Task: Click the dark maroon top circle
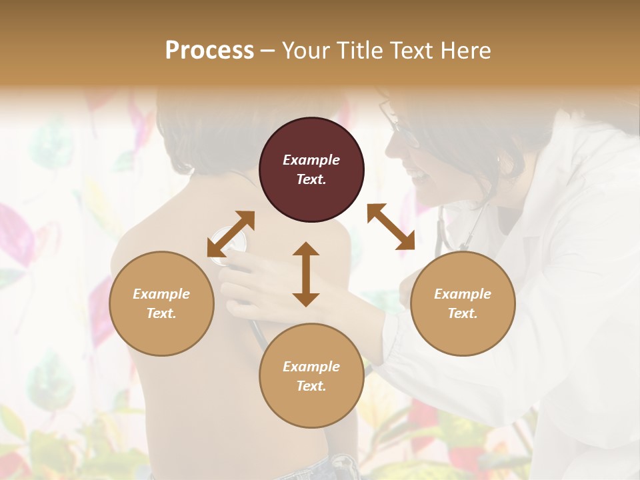coord(311,170)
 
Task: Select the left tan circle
coord(161,303)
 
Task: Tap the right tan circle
coord(463,303)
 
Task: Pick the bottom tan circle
coord(311,376)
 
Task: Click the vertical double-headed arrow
coord(306,274)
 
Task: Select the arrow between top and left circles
coord(231,234)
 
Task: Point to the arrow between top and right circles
coord(391,227)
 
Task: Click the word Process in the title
coord(209,51)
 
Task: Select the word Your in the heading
coord(306,51)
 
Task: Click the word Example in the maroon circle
coord(311,160)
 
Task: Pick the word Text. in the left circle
coord(161,313)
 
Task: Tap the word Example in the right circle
coord(463,294)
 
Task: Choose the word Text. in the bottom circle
coord(311,386)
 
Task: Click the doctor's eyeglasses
coord(399,127)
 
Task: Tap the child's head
coord(200,127)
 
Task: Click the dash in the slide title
coord(268,51)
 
